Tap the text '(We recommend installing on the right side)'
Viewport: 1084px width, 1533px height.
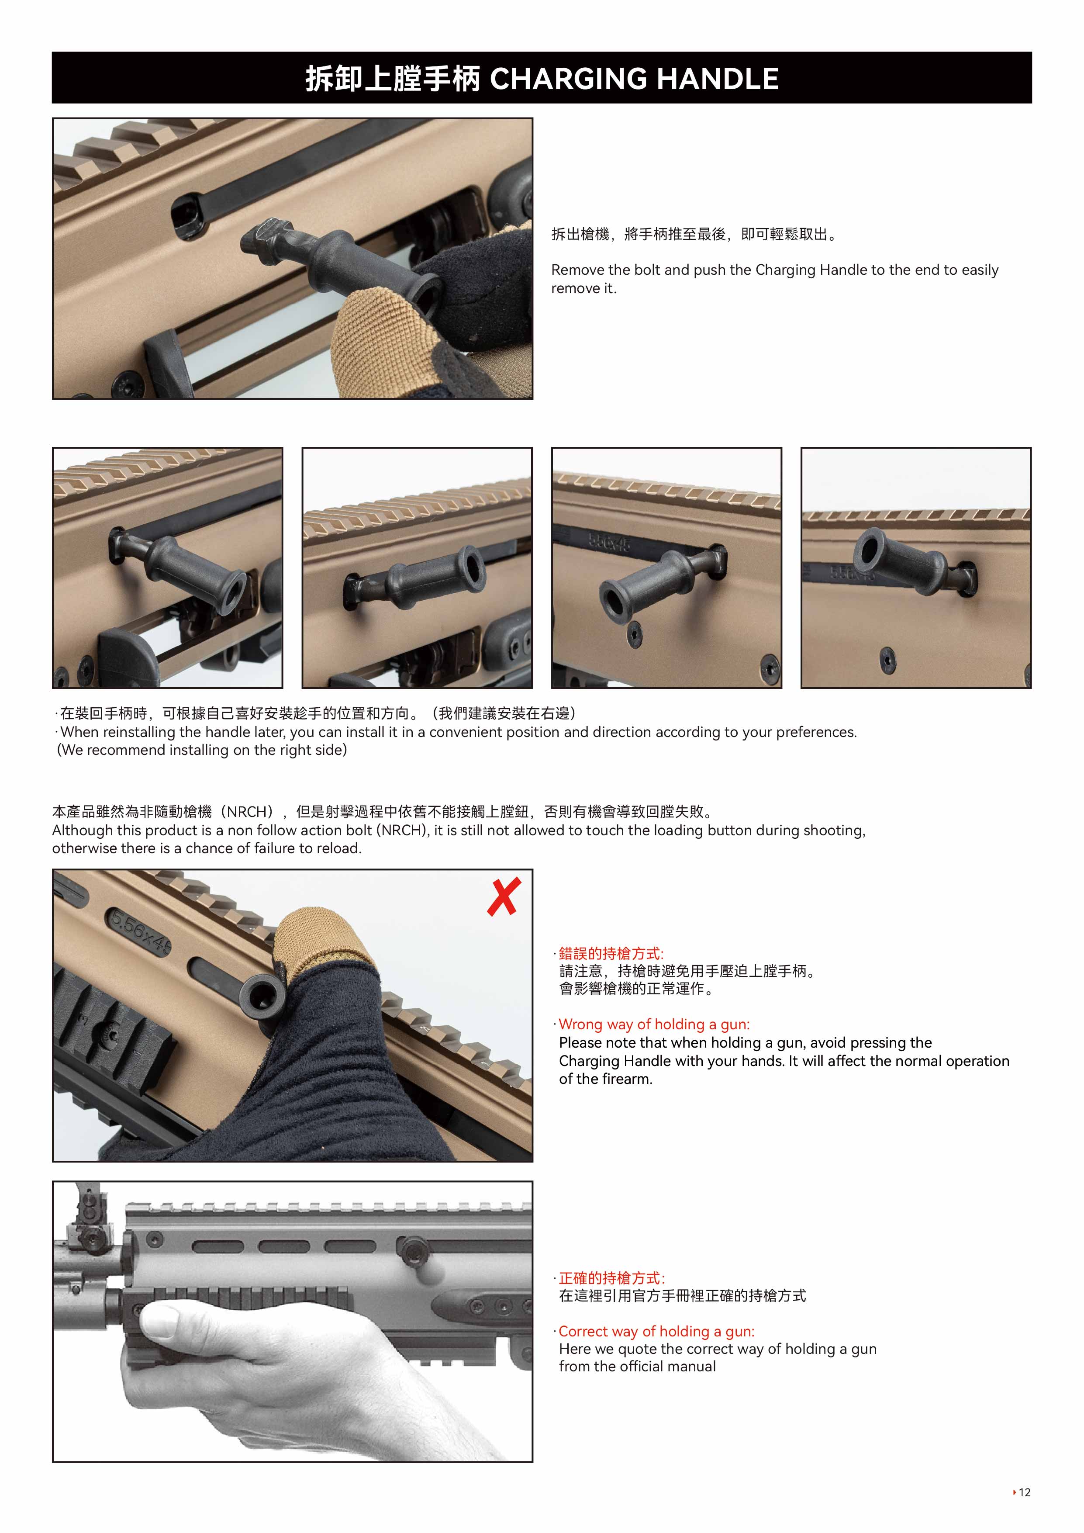[x=202, y=750]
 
